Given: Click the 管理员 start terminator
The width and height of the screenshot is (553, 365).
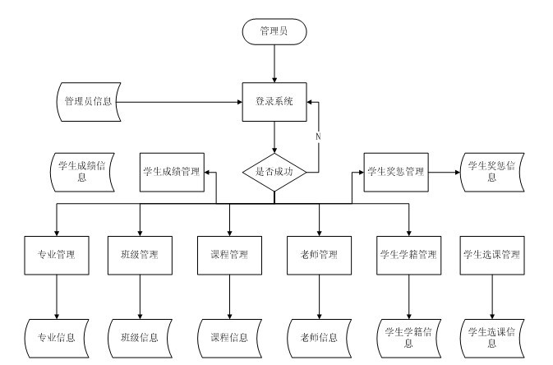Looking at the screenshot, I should click(274, 31).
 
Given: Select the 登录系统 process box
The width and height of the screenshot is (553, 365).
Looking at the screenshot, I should click(274, 103).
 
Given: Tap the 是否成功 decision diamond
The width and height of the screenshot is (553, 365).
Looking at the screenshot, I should click(274, 172).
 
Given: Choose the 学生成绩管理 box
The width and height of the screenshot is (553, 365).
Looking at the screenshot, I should click(172, 172).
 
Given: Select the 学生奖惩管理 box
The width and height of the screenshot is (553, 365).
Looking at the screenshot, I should click(395, 172).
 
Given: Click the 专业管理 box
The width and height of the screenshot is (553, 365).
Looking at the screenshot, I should click(57, 254).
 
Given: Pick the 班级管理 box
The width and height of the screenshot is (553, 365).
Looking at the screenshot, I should click(140, 254).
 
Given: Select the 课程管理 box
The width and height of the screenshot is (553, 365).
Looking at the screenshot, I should click(229, 254).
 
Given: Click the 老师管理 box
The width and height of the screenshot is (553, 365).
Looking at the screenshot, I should click(319, 254).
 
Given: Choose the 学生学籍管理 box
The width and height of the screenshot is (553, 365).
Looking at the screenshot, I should click(408, 254).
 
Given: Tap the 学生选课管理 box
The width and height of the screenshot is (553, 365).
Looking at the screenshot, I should click(492, 254).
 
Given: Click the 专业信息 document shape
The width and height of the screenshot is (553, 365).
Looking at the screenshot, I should click(57, 337).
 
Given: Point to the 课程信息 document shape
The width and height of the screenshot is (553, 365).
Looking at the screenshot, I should click(229, 337).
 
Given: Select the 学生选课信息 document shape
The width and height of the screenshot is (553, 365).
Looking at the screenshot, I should click(492, 337).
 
